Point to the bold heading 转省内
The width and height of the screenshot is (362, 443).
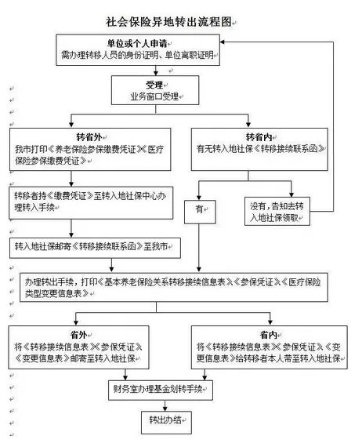pos(259,135)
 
